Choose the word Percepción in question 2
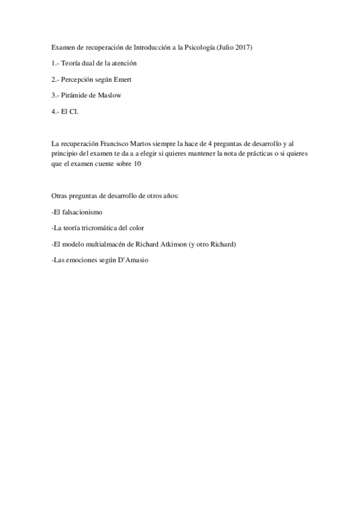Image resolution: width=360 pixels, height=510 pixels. point(79,79)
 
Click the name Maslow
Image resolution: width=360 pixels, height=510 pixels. point(109,96)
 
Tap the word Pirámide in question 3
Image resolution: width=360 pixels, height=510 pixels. point(75,96)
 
